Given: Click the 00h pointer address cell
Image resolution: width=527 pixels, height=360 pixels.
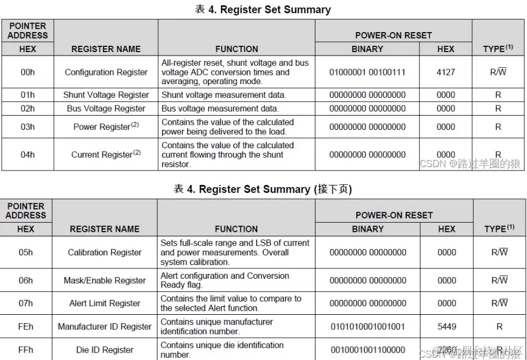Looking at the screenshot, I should (27, 72).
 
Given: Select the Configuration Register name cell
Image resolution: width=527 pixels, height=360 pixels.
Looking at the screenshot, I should (106, 72).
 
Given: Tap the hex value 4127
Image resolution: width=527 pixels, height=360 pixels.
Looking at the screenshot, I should (446, 72).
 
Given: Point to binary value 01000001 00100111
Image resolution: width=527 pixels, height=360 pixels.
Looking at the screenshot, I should (367, 72).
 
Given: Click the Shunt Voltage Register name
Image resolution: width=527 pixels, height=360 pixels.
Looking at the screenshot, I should (106, 95).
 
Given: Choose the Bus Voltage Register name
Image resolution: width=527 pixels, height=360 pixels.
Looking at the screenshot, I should (106, 109).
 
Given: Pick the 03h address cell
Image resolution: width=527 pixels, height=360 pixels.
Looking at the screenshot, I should (27, 127).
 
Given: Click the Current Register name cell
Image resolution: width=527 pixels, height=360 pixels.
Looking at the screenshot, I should (106, 155).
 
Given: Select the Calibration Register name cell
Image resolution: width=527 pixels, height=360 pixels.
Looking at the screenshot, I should (105, 252).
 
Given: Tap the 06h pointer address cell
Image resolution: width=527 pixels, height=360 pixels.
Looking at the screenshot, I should (26, 280).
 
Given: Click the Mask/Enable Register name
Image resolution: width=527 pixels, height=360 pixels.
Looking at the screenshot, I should (105, 280).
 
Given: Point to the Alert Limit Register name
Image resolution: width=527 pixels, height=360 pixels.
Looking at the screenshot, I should (105, 303).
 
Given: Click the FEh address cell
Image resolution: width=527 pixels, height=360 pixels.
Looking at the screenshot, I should (26, 327).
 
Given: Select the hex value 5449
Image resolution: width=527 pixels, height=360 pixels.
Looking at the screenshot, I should (447, 327).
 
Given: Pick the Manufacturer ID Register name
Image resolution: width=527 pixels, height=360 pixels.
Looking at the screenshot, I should (105, 327).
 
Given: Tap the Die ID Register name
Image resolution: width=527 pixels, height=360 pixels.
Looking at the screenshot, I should (105, 350).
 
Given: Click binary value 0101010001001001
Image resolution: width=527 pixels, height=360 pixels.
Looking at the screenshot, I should (368, 327).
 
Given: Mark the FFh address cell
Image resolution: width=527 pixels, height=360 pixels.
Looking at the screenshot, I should (26, 350).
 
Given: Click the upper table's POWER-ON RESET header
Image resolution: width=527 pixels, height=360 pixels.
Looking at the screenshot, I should (393, 35).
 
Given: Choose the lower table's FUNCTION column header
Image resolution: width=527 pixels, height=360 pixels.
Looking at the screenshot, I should (236, 229).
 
